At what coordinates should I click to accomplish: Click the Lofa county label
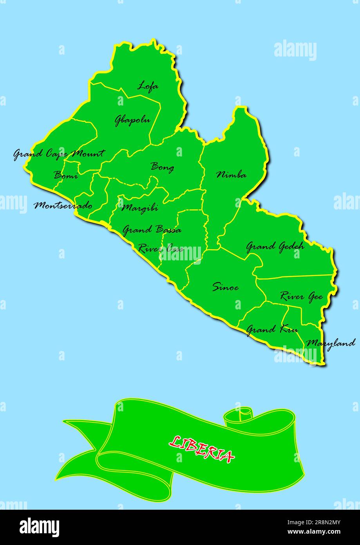tap(148, 86)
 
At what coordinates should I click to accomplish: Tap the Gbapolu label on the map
tap(132, 120)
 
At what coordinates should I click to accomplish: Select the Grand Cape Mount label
tap(59, 154)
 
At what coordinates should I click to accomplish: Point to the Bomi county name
tap(65, 175)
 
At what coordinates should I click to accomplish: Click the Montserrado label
tap(63, 205)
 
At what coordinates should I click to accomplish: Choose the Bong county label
tap(163, 167)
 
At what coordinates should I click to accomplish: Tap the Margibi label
tap(140, 207)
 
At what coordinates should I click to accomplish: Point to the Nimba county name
tap(232, 175)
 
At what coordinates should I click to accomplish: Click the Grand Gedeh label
tap(275, 247)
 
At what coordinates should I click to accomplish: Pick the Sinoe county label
tap(225, 287)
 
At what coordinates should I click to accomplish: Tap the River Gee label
tap(301, 296)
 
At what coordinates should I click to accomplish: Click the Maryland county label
tap(331, 343)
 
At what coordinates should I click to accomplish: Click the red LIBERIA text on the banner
tap(202, 449)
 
